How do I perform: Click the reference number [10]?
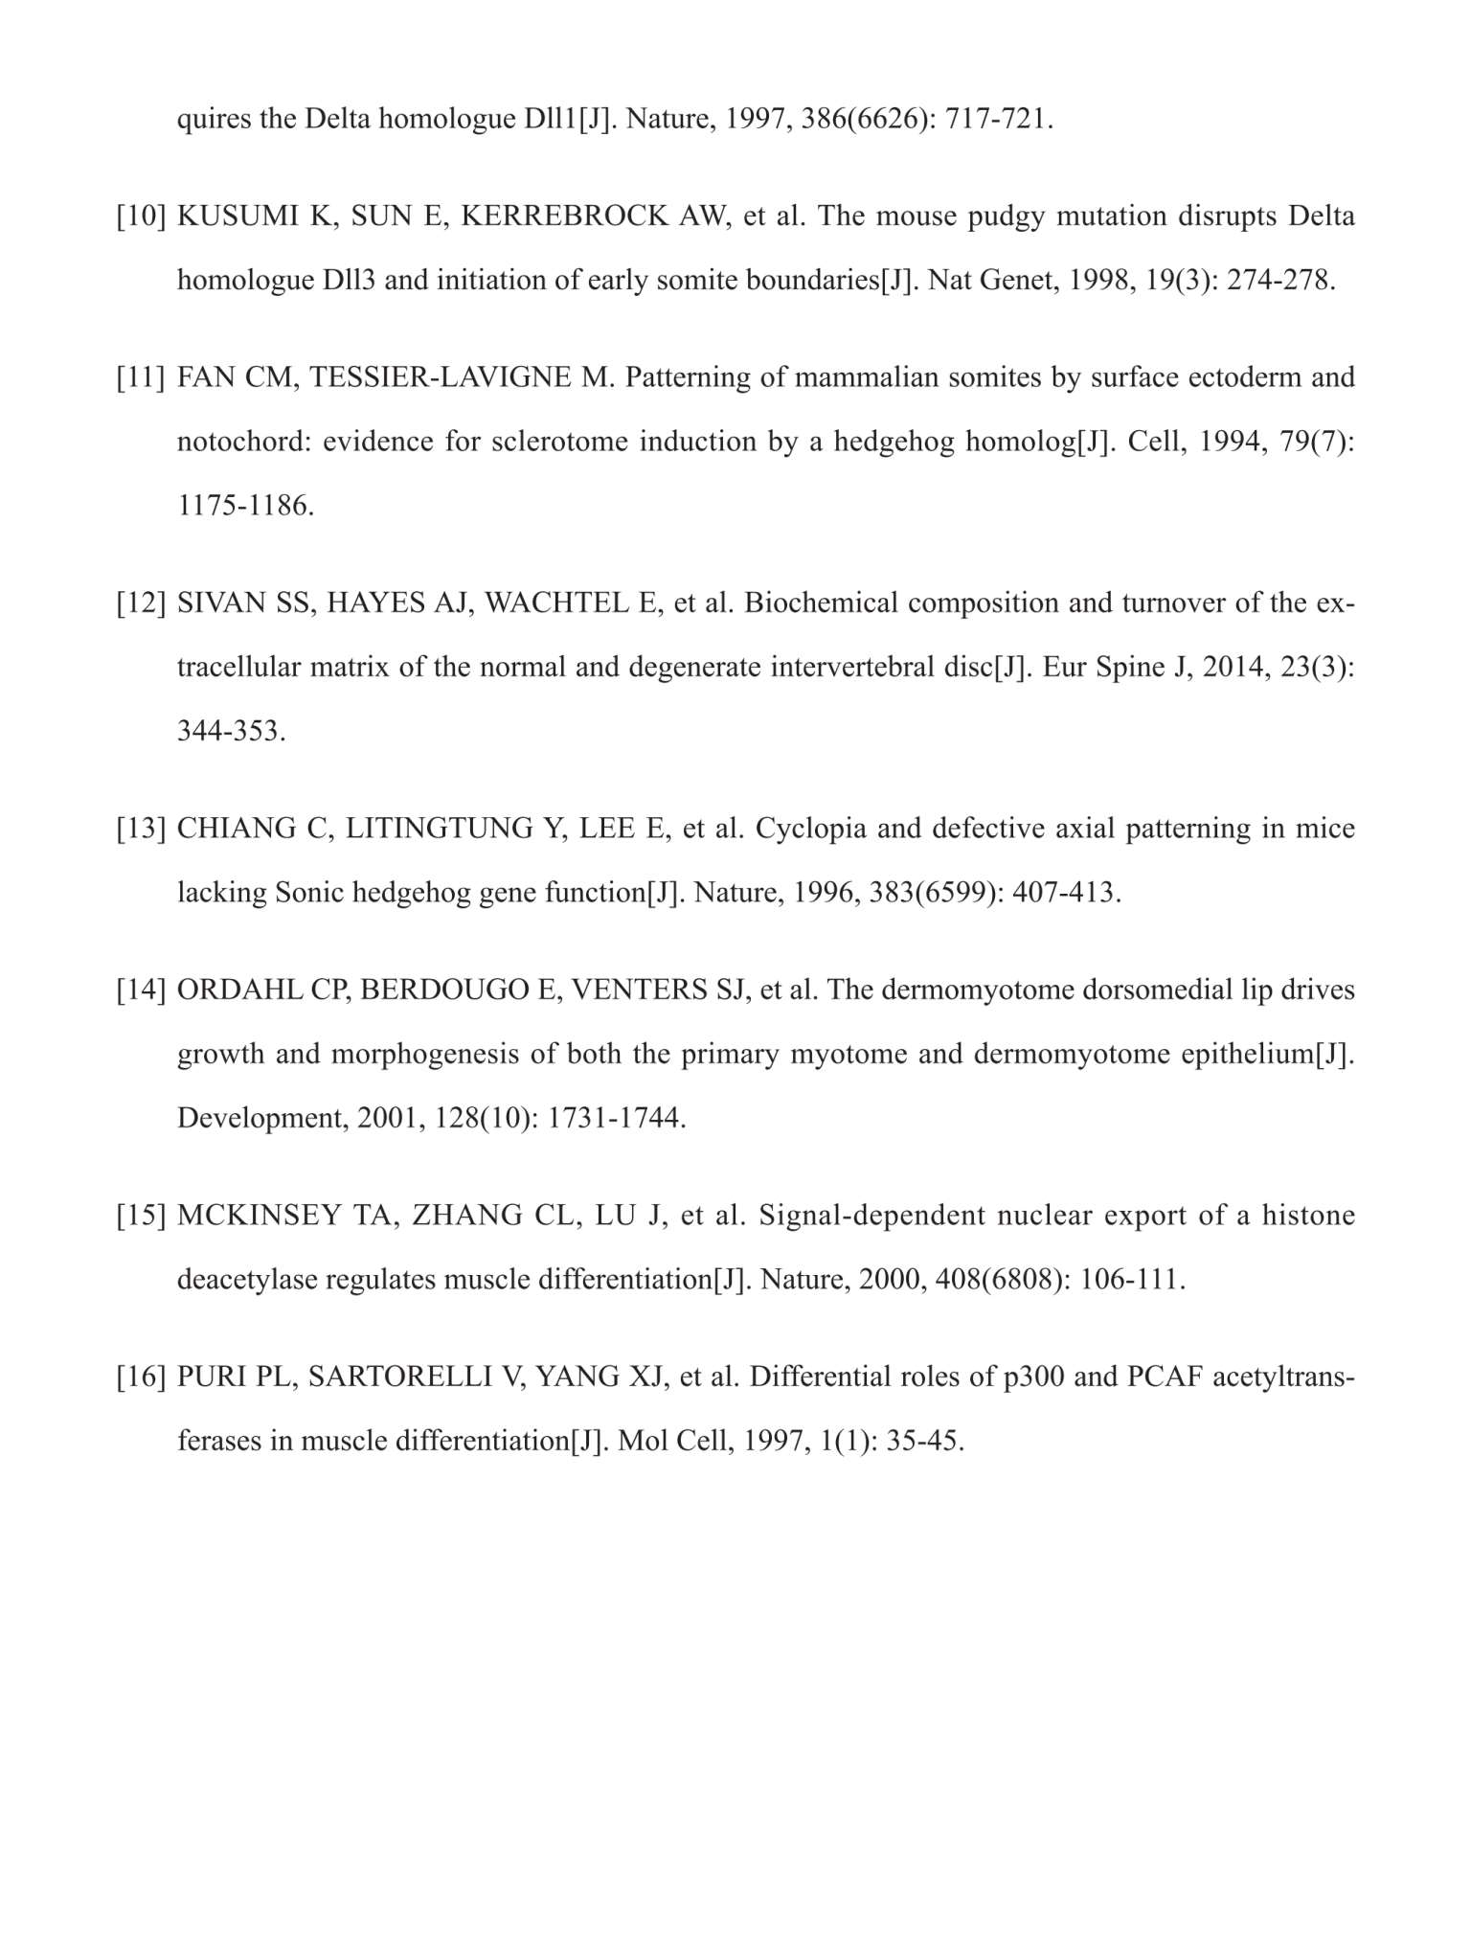142,216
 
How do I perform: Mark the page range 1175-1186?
246,506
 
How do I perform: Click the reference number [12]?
142,603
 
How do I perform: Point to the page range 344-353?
232,732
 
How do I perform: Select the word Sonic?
309,893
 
